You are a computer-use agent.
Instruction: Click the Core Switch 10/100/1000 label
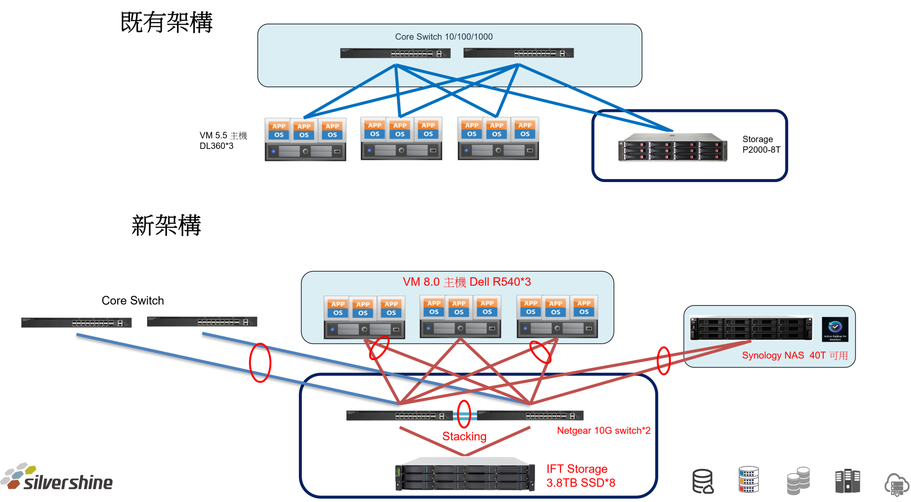pos(444,37)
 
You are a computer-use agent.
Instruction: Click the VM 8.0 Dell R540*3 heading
pos(466,282)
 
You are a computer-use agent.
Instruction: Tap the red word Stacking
pos(464,436)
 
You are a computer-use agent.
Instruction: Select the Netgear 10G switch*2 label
pos(604,430)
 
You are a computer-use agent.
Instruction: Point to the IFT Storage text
pos(576,469)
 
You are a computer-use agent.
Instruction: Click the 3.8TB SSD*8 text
pos(580,483)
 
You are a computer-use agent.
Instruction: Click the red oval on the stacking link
pos(464,413)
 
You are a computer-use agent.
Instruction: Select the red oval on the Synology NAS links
pos(663,360)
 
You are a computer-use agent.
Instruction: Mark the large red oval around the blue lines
pos(260,363)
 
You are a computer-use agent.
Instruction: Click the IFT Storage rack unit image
pos(465,474)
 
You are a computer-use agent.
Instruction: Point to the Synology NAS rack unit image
pos(751,329)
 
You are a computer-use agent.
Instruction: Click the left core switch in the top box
pos(395,53)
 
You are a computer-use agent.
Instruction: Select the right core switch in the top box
pos(518,53)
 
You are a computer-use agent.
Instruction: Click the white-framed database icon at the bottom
pos(798,481)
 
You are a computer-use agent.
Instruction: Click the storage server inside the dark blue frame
pos(672,147)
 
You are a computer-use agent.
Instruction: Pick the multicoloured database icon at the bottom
pos(748,480)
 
